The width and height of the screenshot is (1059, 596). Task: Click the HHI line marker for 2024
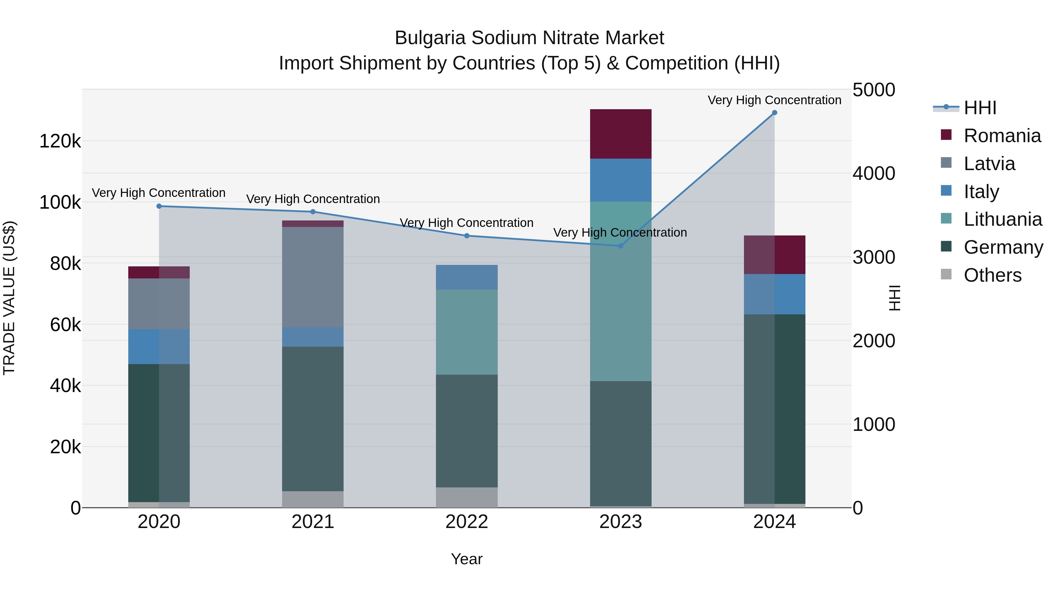[x=775, y=113]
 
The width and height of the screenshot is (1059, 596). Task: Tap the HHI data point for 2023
[x=621, y=246]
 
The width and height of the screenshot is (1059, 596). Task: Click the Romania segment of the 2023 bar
[x=621, y=134]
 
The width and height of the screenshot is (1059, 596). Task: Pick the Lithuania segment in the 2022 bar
[x=467, y=332]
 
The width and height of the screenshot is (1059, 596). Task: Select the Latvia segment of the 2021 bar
[x=313, y=277]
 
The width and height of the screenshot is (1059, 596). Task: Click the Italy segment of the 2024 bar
[x=775, y=295]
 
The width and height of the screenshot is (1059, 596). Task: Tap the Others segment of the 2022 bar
[x=467, y=497]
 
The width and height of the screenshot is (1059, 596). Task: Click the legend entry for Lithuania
[x=1002, y=219]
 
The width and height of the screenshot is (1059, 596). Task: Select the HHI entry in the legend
[x=980, y=108]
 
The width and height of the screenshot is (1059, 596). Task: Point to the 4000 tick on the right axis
[x=874, y=174]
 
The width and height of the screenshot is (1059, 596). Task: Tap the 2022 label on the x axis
[x=467, y=522]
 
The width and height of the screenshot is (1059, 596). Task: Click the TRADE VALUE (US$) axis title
[x=9, y=298]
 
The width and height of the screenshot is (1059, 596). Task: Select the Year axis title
[x=467, y=559]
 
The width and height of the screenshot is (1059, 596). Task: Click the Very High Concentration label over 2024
[x=775, y=100]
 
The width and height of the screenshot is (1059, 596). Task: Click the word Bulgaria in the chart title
[x=430, y=38]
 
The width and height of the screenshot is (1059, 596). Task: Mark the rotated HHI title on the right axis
[x=895, y=298]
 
